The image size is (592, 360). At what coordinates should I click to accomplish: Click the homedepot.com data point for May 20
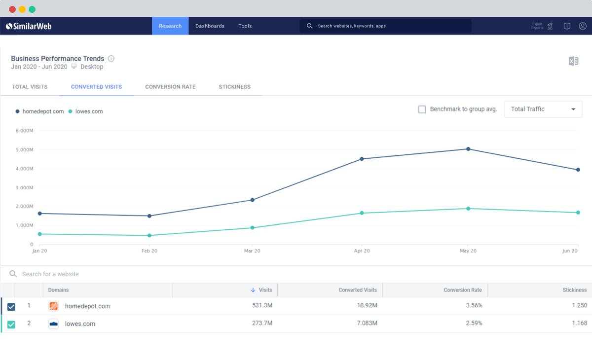click(x=468, y=149)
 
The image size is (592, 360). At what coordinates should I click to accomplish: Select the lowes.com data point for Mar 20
click(x=252, y=228)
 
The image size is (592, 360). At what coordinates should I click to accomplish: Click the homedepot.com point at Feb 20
click(x=149, y=216)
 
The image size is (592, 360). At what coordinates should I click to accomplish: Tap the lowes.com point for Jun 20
click(x=578, y=213)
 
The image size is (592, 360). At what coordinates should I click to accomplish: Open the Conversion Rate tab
click(x=170, y=87)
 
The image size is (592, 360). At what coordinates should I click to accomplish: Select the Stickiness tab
click(x=234, y=87)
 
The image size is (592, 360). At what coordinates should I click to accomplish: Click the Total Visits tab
click(x=30, y=87)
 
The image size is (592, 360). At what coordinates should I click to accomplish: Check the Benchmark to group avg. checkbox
click(x=422, y=109)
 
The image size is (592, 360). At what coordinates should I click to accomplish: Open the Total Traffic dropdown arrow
click(x=573, y=109)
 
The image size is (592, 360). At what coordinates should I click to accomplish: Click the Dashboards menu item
click(x=210, y=26)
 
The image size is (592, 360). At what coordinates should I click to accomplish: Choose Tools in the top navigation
click(x=245, y=26)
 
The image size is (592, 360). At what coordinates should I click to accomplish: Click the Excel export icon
click(x=573, y=61)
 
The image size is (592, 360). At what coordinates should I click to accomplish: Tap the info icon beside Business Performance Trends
click(x=111, y=59)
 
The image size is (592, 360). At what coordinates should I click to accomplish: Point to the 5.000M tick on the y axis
click(x=24, y=150)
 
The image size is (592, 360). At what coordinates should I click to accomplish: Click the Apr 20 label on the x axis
click(x=362, y=251)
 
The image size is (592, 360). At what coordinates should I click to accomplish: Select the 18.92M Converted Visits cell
click(x=367, y=306)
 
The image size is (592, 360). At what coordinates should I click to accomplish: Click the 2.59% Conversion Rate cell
click(x=474, y=324)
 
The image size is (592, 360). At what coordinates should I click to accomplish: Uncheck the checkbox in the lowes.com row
click(x=11, y=324)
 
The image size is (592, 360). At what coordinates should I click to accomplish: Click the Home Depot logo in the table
click(x=54, y=306)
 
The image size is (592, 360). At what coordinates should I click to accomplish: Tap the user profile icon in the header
click(x=583, y=26)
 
